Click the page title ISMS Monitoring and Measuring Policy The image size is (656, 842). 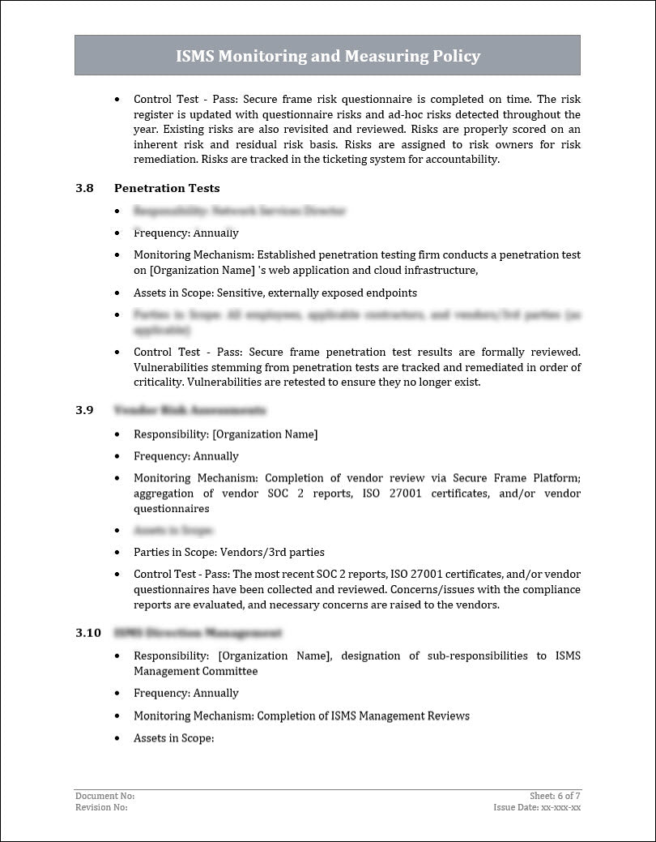[327, 56]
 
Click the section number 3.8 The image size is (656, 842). [84, 188]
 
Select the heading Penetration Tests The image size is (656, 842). [167, 188]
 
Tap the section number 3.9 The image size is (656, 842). [84, 410]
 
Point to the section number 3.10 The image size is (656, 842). [87, 632]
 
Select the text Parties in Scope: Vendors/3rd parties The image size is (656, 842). [228, 553]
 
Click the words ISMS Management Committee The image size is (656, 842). [195, 671]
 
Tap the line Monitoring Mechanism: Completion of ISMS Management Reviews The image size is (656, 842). [301, 716]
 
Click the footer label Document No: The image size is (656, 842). [104, 797]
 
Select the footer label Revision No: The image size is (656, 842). [101, 807]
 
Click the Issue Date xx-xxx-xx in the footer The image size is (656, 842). [537, 807]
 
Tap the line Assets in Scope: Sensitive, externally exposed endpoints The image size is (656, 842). [275, 293]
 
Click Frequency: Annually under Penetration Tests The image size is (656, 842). [185, 233]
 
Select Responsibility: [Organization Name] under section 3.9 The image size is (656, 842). [225, 434]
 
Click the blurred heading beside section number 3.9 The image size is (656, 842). [190, 410]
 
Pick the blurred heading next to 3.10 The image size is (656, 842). [198, 632]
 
